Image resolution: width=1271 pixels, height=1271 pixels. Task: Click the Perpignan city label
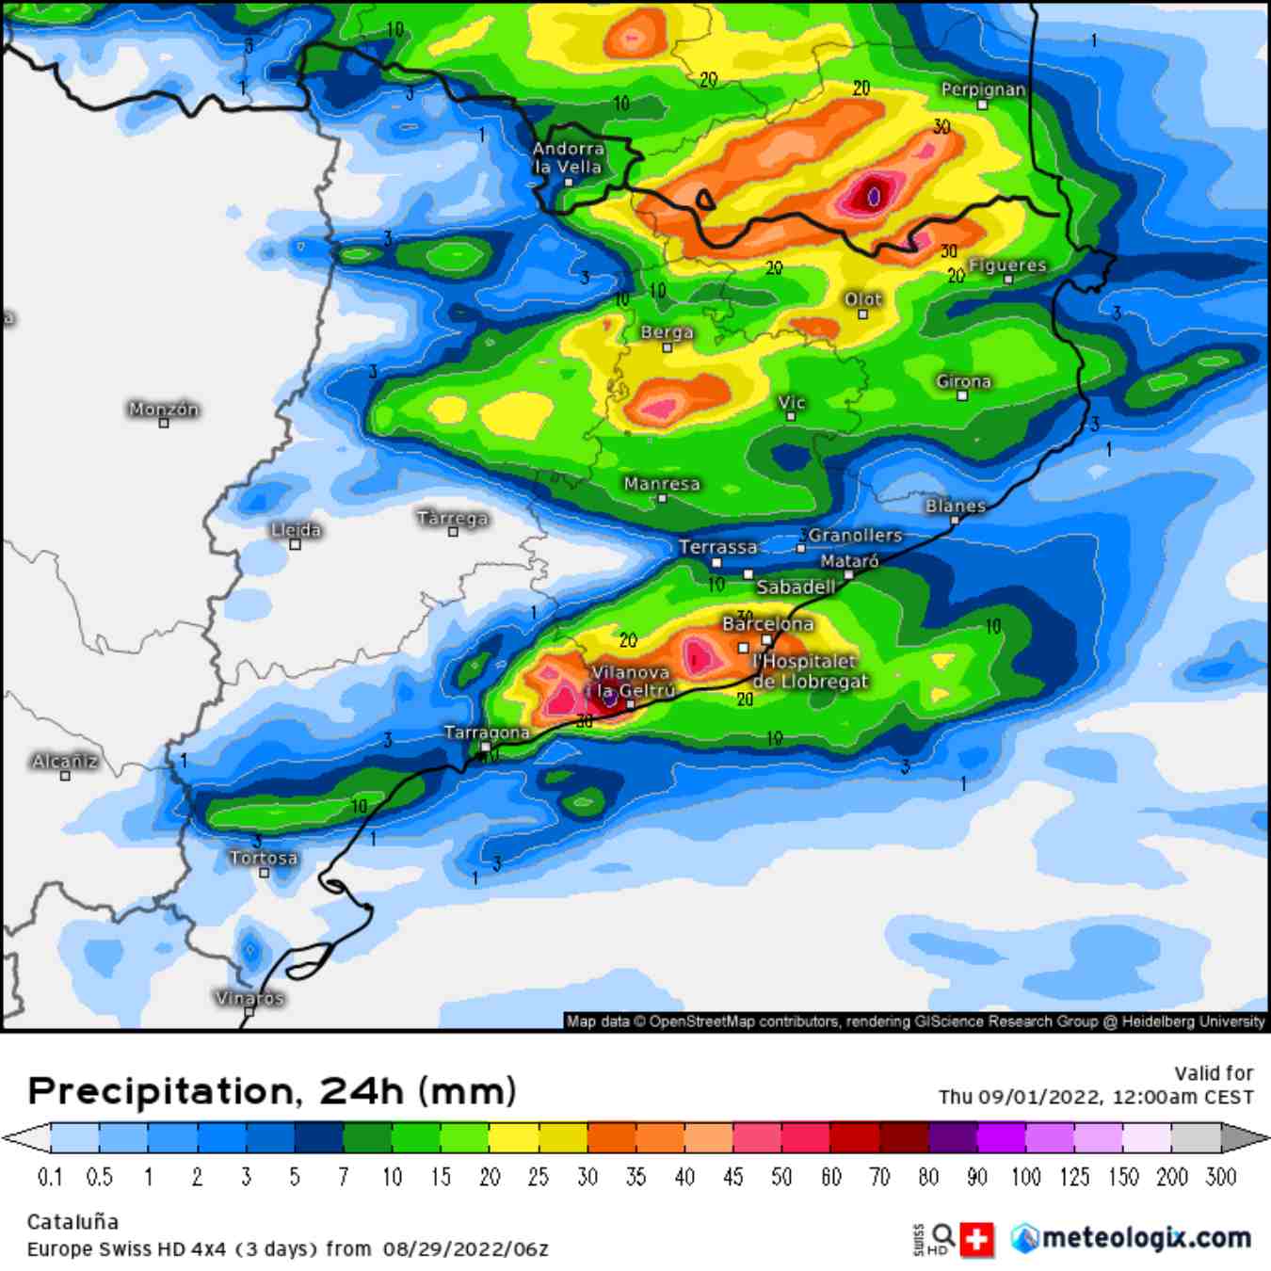(x=983, y=89)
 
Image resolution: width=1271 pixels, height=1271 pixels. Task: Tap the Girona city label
(x=963, y=381)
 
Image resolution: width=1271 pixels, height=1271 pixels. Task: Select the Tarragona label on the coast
(x=487, y=732)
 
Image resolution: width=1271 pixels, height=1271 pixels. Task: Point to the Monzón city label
(x=164, y=409)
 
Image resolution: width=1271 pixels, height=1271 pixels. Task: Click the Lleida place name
(x=296, y=530)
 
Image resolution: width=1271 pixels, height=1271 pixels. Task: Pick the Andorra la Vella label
(x=568, y=157)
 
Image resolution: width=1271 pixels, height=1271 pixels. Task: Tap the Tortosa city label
(x=264, y=858)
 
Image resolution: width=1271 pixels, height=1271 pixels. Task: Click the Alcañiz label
(x=65, y=761)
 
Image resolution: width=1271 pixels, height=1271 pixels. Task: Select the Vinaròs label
(x=249, y=998)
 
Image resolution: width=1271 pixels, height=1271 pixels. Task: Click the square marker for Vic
(x=791, y=416)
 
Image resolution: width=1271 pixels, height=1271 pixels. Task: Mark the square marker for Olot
(x=862, y=314)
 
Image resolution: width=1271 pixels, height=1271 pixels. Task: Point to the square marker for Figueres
(x=1008, y=280)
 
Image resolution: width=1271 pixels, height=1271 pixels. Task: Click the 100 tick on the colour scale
(x=1026, y=1177)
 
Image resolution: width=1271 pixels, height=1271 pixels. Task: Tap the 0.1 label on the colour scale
(x=50, y=1177)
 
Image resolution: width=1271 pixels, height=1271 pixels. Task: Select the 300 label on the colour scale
(x=1221, y=1177)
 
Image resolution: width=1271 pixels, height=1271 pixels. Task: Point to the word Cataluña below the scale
(x=72, y=1222)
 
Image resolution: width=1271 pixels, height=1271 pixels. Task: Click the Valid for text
(x=1214, y=1073)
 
